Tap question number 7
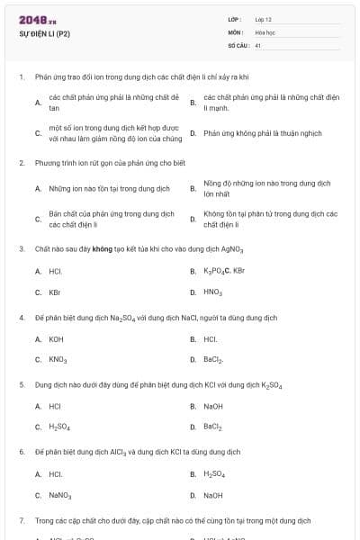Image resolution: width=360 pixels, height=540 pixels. point(21,520)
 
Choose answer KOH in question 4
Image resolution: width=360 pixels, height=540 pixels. point(56,339)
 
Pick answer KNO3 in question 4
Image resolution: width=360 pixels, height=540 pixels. point(58,360)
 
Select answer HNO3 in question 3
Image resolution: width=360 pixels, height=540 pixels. point(213,292)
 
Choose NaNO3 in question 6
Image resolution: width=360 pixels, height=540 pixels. point(60,496)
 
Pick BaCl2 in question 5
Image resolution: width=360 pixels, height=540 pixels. point(213,427)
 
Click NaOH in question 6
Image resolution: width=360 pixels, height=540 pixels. point(213,496)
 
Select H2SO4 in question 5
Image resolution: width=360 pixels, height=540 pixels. point(59,427)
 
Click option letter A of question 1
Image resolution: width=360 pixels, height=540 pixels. point(37,102)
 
